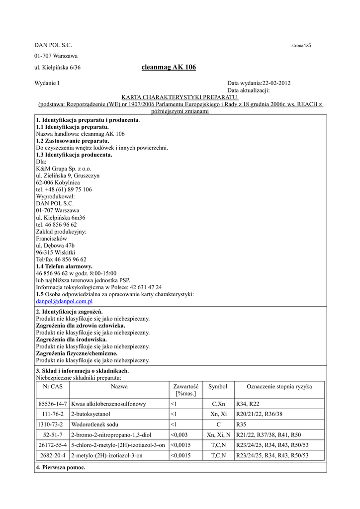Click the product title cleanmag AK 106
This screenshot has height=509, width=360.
[169, 68]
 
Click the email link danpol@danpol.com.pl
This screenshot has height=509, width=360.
[64, 301]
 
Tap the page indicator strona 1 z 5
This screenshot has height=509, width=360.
[301, 46]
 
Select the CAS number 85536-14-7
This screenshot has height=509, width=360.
[52, 403]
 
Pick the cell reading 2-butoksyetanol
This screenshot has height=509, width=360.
[90, 414]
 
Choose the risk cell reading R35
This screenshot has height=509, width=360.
[241, 424]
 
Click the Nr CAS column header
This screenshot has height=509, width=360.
[52, 387]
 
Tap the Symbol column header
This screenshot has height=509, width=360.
[218, 387]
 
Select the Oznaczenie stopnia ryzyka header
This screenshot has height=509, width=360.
[279, 387]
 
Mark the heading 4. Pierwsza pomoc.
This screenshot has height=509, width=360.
[61, 468]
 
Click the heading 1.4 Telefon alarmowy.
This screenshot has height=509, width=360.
[64, 266]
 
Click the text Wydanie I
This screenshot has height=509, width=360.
[48, 84]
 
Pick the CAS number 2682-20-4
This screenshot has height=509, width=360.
[52, 455]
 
